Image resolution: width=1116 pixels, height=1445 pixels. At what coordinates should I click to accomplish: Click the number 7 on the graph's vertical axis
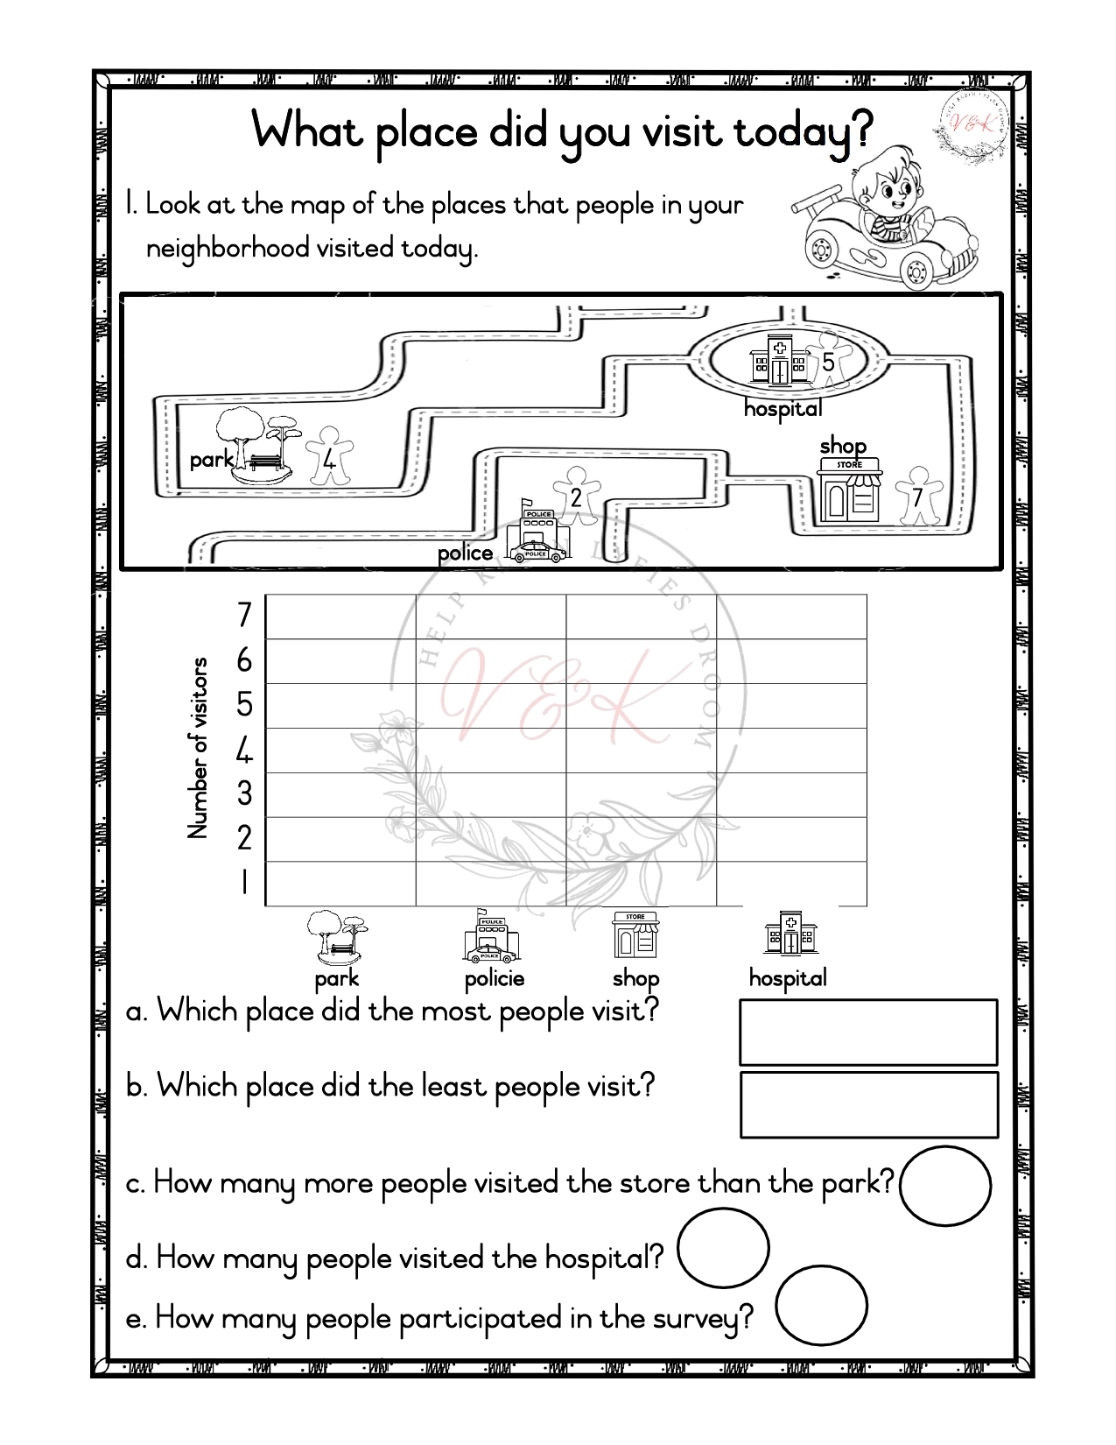click(244, 616)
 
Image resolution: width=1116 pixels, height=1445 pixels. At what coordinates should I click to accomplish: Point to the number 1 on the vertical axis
click(244, 882)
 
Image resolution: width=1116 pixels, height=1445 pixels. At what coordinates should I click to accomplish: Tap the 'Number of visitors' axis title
click(198, 748)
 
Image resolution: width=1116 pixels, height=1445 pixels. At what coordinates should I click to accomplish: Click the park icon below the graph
click(337, 937)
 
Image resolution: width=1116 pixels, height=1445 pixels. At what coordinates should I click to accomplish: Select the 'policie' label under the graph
click(495, 978)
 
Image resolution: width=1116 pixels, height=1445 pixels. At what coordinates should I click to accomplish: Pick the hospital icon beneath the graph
click(790, 934)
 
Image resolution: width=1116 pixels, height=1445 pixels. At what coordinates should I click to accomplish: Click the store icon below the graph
click(635, 935)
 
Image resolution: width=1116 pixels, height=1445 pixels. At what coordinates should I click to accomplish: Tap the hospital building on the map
click(778, 361)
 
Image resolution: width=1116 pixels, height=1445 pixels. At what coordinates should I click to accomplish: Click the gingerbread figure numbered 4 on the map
click(329, 455)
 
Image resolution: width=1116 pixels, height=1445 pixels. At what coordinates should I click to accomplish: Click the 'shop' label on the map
click(842, 446)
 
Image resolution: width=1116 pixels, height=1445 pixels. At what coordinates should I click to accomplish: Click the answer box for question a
click(868, 1033)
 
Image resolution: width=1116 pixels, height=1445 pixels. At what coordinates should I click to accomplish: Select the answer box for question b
click(868, 1104)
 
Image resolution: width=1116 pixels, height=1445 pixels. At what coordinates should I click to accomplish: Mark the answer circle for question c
click(944, 1186)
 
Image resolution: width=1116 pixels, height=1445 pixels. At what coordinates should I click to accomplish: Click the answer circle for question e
click(820, 1305)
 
